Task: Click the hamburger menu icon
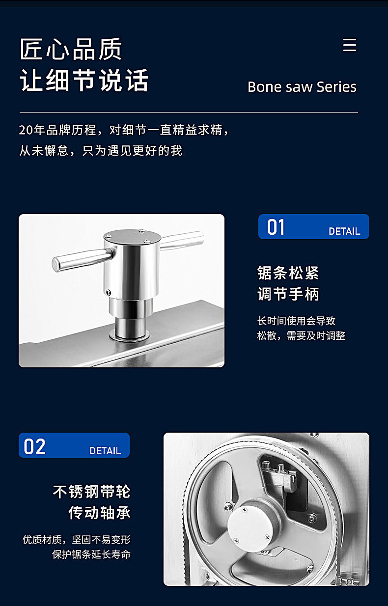pyautogui.click(x=350, y=45)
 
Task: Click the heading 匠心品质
pyautogui.click(x=71, y=49)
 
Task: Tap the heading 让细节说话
pyautogui.click(x=84, y=80)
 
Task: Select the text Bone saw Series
pyautogui.click(x=302, y=87)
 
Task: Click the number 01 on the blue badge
pyautogui.click(x=276, y=227)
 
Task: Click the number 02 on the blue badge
pyautogui.click(x=35, y=446)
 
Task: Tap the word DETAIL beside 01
pyautogui.click(x=344, y=231)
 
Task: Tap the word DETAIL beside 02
pyautogui.click(x=105, y=451)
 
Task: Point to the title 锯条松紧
pyautogui.click(x=288, y=273)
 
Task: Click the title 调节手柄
pyautogui.click(x=288, y=294)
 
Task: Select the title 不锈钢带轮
pyautogui.click(x=92, y=492)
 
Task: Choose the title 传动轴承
pyautogui.click(x=100, y=512)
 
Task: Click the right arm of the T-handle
pyautogui.click(x=182, y=240)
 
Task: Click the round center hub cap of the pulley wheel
pyautogui.click(x=249, y=525)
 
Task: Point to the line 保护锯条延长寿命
pyautogui.click(x=91, y=554)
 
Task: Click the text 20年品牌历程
pyautogui.click(x=57, y=130)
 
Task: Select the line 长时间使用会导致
pyautogui.click(x=296, y=321)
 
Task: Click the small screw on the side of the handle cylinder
pyautogui.click(x=108, y=292)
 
